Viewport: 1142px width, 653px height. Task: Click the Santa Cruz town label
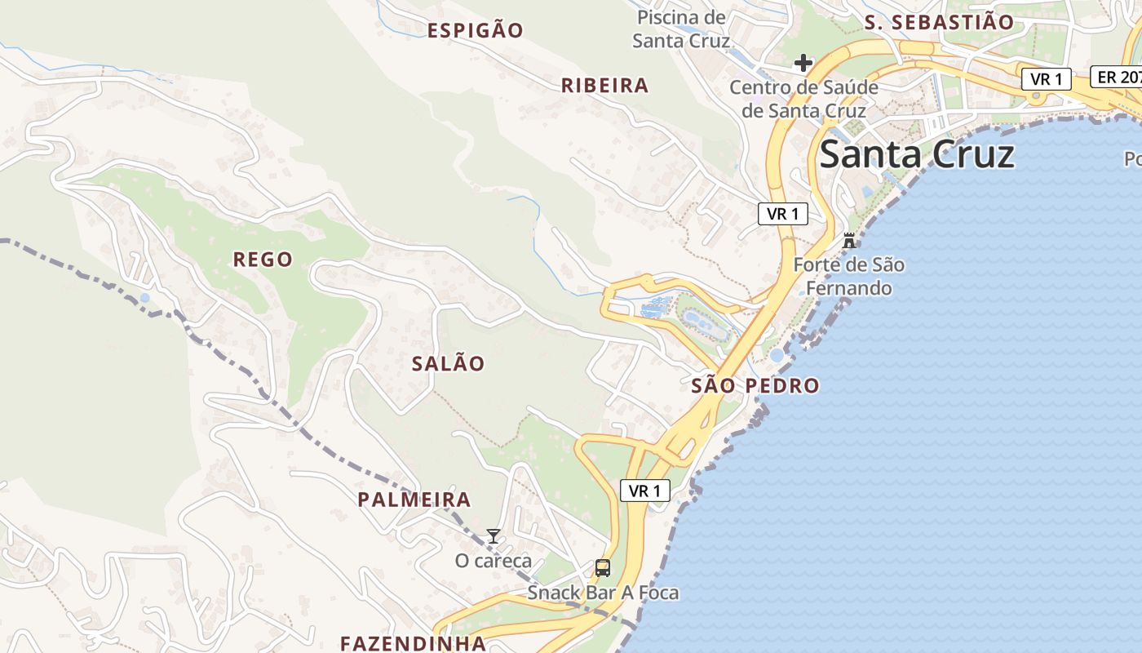(x=917, y=154)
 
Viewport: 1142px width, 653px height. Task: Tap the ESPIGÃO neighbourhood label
(x=476, y=31)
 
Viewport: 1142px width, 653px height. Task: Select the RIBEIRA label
(x=604, y=86)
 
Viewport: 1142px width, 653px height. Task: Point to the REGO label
(x=263, y=260)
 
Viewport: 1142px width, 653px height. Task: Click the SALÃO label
(x=448, y=364)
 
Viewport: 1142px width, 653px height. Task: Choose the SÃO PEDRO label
(x=755, y=386)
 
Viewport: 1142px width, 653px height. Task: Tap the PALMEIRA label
(x=414, y=500)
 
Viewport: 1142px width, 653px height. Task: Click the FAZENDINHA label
(x=413, y=643)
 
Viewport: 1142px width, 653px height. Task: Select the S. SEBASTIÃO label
(x=939, y=23)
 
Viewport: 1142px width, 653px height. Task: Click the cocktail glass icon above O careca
(x=493, y=536)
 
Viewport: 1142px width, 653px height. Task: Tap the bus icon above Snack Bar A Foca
(x=603, y=568)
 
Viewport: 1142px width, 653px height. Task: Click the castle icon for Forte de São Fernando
(x=849, y=241)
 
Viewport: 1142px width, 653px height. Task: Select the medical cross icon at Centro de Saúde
(x=803, y=63)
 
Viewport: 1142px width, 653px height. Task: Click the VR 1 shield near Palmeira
(x=645, y=491)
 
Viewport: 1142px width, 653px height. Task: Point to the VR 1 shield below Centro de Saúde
(x=783, y=214)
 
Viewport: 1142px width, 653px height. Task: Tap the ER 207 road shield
(x=1117, y=77)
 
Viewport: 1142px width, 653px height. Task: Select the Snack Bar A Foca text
(x=603, y=593)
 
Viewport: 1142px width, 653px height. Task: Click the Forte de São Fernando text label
(x=848, y=277)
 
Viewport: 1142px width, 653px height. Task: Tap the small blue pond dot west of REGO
(x=144, y=298)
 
